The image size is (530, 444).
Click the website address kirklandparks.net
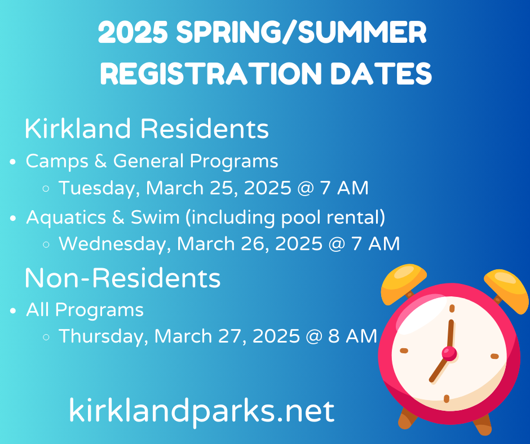201,410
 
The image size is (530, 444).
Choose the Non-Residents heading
122,278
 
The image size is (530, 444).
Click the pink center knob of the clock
449,353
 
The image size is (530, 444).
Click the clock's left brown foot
408,418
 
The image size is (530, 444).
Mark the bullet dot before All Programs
12,311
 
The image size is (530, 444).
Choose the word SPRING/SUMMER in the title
302,34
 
